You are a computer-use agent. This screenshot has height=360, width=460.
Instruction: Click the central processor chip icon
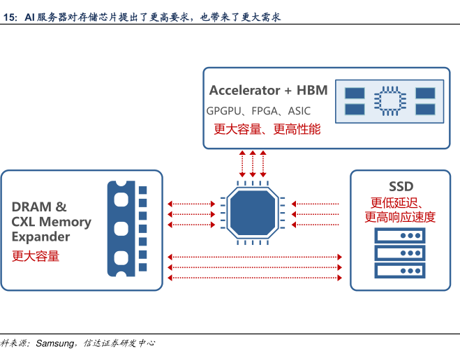(252, 213)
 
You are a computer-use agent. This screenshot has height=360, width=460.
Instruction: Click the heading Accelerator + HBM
(268, 91)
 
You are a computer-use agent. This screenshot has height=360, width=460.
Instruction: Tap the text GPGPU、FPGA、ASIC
(258, 111)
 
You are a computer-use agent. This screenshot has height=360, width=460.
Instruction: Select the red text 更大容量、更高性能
(267, 129)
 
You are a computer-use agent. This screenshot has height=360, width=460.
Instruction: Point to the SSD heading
(401, 186)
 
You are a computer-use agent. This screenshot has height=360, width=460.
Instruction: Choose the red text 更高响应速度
(399, 218)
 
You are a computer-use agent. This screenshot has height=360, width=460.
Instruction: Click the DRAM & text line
(39, 207)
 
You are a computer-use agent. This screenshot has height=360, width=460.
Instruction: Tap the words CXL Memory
(51, 222)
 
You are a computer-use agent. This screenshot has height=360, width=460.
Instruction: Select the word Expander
(40, 237)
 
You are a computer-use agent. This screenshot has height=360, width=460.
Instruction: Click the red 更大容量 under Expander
(36, 256)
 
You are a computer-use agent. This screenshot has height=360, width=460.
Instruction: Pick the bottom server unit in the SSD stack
(399, 270)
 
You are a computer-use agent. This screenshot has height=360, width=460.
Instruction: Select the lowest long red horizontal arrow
(255, 278)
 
